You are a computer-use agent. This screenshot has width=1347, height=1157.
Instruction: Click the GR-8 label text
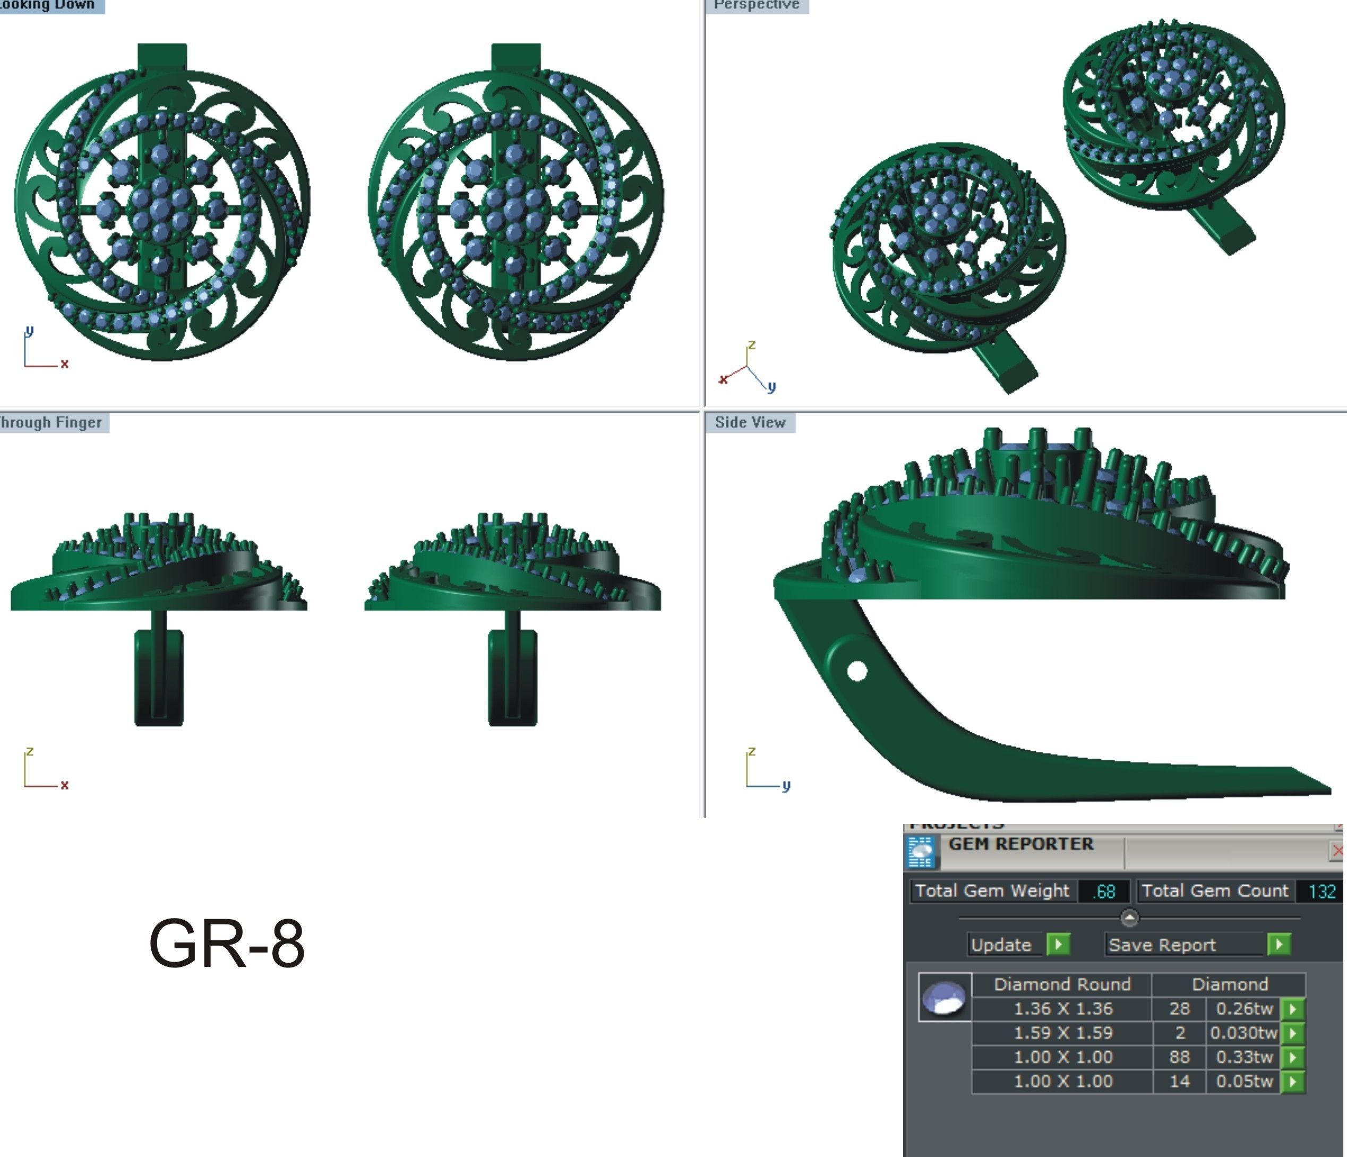point(226,943)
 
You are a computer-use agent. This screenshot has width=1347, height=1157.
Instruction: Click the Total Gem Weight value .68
point(1104,891)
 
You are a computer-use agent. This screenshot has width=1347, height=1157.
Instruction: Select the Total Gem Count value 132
point(1321,891)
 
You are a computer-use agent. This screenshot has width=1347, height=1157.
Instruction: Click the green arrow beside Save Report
point(1279,945)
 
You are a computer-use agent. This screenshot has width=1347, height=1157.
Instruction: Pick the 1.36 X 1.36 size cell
point(1062,1009)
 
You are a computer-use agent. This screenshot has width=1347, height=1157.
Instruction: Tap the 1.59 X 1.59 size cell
point(1062,1033)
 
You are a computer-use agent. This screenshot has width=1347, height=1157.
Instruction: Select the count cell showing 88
point(1179,1057)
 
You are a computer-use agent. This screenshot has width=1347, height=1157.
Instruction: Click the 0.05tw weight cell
point(1243,1081)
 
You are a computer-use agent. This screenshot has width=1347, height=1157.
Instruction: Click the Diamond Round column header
point(1062,984)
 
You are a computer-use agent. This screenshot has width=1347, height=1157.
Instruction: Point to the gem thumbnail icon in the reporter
point(945,997)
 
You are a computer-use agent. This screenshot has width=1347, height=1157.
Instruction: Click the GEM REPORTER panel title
point(1020,844)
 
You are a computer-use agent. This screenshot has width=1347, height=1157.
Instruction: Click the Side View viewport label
point(750,423)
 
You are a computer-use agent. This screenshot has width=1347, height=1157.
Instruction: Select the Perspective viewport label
point(756,5)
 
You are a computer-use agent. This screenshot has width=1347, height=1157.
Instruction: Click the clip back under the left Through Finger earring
point(159,676)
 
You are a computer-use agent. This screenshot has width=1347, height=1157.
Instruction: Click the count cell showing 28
point(1179,1009)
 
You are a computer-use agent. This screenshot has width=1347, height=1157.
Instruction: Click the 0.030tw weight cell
point(1243,1033)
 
